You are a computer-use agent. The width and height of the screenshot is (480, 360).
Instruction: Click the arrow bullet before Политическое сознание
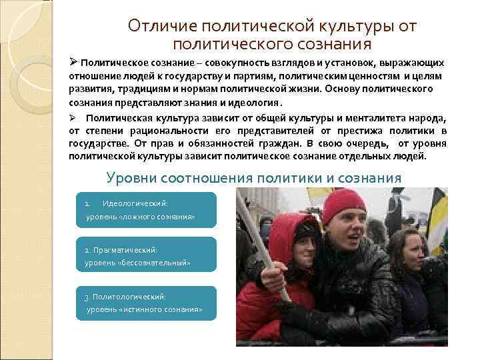[74, 62]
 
